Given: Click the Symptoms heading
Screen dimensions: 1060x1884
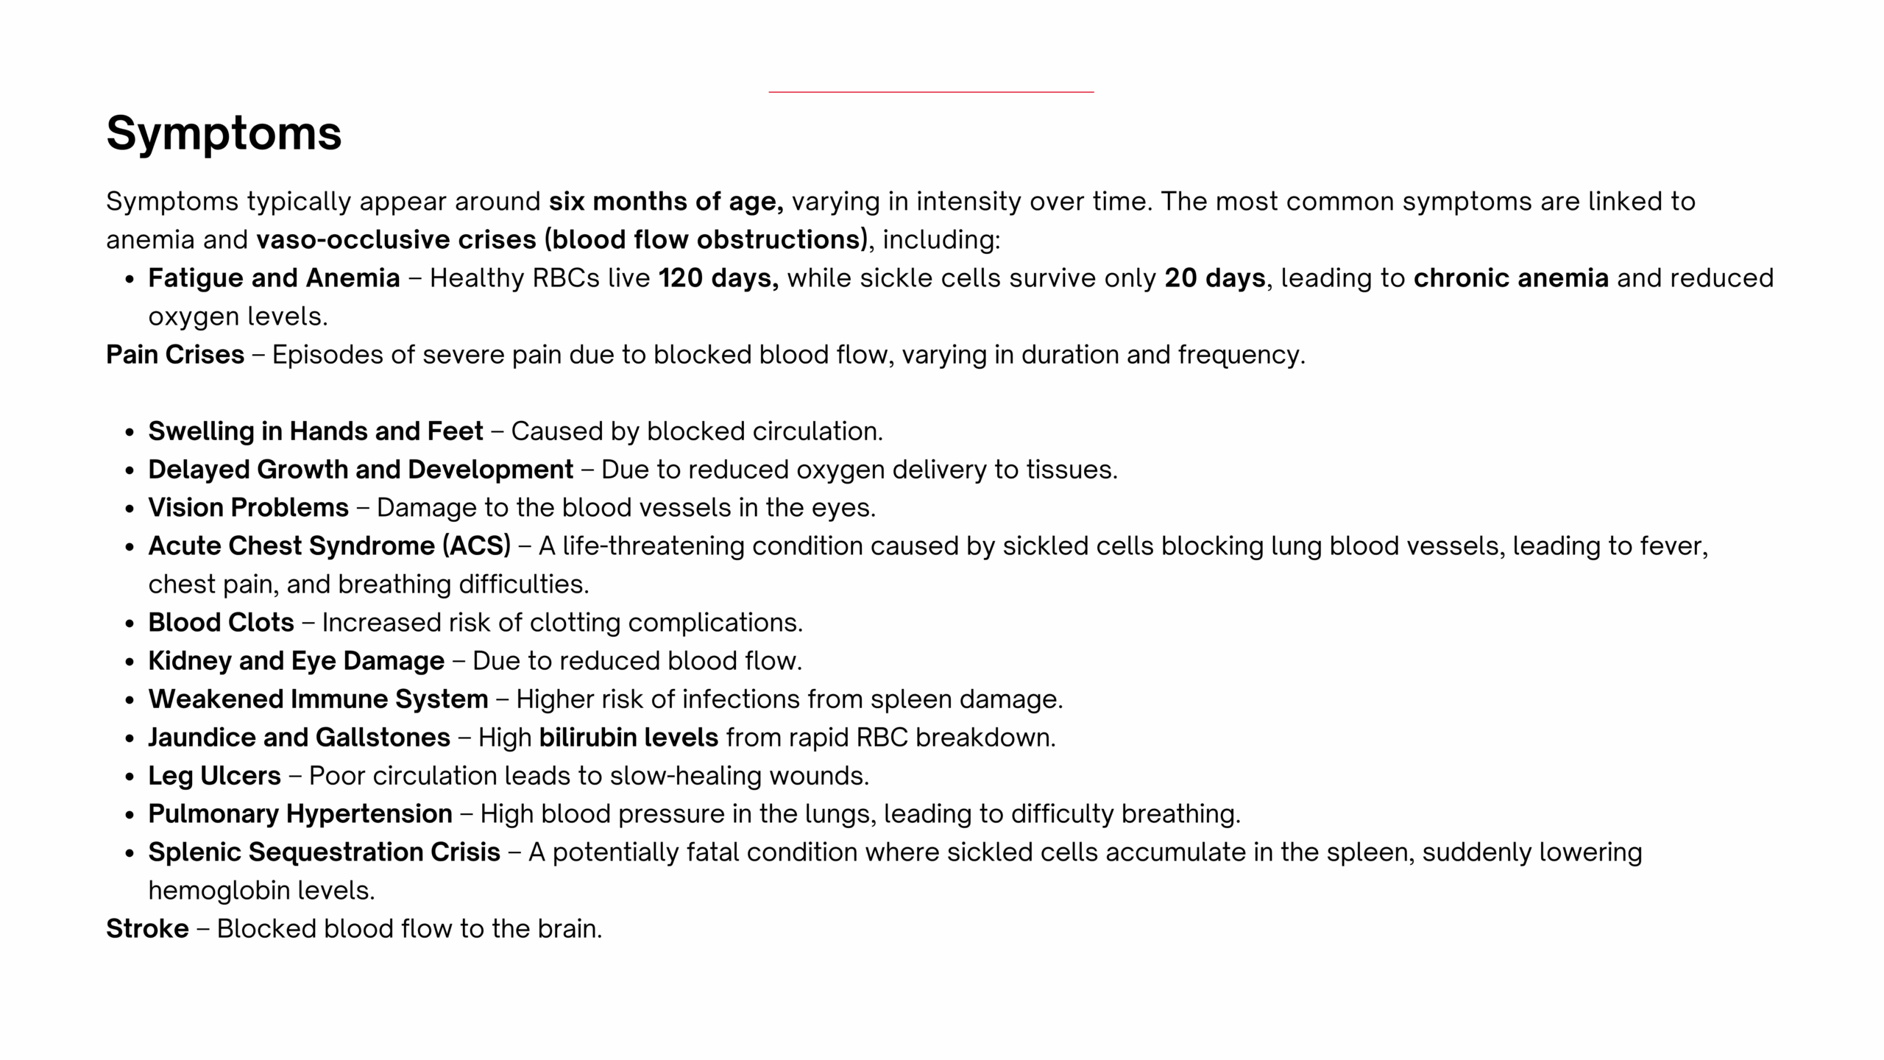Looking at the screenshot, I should [224, 133].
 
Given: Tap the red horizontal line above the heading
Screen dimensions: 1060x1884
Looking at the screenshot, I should [931, 92].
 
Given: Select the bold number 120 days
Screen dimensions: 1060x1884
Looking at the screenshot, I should [718, 278].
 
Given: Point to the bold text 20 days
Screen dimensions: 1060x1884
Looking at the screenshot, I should [1214, 278].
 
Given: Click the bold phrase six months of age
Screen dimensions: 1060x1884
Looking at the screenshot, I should [665, 202].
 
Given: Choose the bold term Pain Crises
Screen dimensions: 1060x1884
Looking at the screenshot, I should [175, 355].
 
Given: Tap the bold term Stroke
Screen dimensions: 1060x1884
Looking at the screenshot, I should [147, 929].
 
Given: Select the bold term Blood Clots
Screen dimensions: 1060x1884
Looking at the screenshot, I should [221, 623].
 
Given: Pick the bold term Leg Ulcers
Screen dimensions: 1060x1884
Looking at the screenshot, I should [214, 776].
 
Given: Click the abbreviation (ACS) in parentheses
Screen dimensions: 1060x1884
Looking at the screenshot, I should [476, 546].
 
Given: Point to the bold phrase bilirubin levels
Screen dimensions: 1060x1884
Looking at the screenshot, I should [628, 738].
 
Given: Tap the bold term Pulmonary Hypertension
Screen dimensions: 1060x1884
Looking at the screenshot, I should [300, 814].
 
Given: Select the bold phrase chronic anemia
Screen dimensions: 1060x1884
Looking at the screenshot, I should [1511, 278].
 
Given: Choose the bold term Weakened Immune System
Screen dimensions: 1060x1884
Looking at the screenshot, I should [318, 699].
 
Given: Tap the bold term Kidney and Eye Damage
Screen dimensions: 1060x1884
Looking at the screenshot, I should [296, 661].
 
